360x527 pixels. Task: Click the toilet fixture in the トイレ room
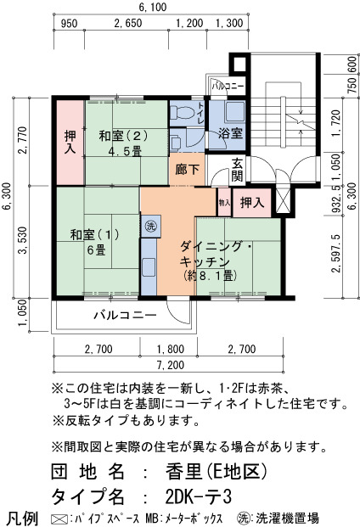pyautogui.click(x=182, y=112)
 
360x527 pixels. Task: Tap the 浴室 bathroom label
pyautogui.click(x=230, y=133)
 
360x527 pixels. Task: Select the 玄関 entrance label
pyautogui.click(x=237, y=170)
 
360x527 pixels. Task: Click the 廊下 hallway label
pyautogui.click(x=188, y=170)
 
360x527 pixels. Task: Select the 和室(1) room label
pyautogui.click(x=95, y=234)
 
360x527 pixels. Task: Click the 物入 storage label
pyautogui.click(x=224, y=203)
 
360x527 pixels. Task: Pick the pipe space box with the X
pyautogui.click(x=283, y=200)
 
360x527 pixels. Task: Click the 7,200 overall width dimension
pyautogui.click(x=171, y=365)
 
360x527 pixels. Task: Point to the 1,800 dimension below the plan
pyautogui.click(x=171, y=349)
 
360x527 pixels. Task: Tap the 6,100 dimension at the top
pyautogui.click(x=153, y=7)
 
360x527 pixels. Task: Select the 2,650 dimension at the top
pyautogui.click(x=128, y=23)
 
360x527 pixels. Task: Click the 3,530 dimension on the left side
pyautogui.click(x=23, y=240)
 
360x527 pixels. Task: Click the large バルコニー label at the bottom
pyautogui.click(x=125, y=315)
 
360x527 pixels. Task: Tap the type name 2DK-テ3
pyautogui.click(x=199, y=496)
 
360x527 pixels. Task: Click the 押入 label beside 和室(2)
pyautogui.click(x=70, y=143)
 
